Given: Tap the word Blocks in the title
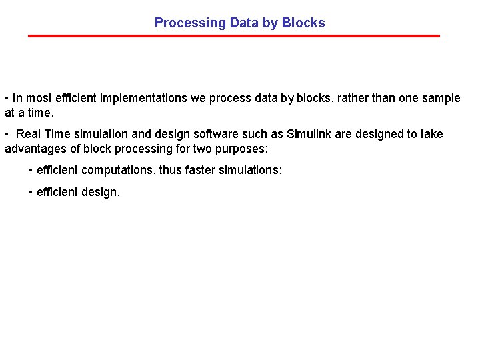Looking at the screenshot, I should tap(303, 23).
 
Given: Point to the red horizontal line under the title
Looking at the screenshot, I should tap(234, 36).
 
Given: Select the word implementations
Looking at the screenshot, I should tap(143, 98).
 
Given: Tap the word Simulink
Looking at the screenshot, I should tap(309, 134).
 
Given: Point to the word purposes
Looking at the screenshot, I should tap(241, 148).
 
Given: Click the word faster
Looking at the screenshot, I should tap(202, 170).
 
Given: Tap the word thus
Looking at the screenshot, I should tap(171, 170).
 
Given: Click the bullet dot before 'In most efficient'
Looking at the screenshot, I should tap(7, 98).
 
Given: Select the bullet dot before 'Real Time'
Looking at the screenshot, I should tap(7, 134).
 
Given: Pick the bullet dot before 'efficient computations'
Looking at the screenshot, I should tap(31, 170).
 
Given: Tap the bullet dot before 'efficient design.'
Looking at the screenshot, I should tap(31, 193).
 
